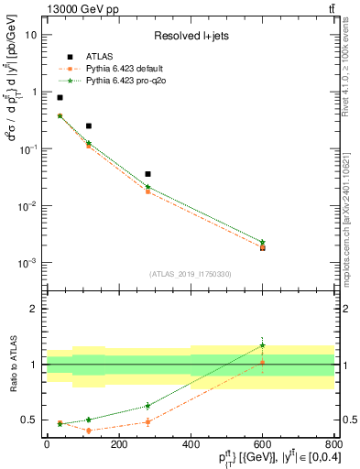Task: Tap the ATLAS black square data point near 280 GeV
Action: pos(147,173)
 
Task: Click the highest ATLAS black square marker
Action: pos(60,97)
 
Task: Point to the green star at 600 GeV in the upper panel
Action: pos(263,242)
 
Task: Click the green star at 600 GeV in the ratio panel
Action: pos(263,345)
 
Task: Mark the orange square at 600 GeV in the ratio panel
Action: pos(263,363)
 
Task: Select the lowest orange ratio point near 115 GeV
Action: pos(88,431)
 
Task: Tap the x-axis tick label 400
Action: pos(191,444)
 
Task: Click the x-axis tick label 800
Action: pos(333,444)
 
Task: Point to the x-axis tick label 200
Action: pos(118,444)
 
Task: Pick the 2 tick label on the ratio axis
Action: pos(35,309)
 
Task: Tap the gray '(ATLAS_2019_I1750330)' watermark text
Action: pos(190,273)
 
